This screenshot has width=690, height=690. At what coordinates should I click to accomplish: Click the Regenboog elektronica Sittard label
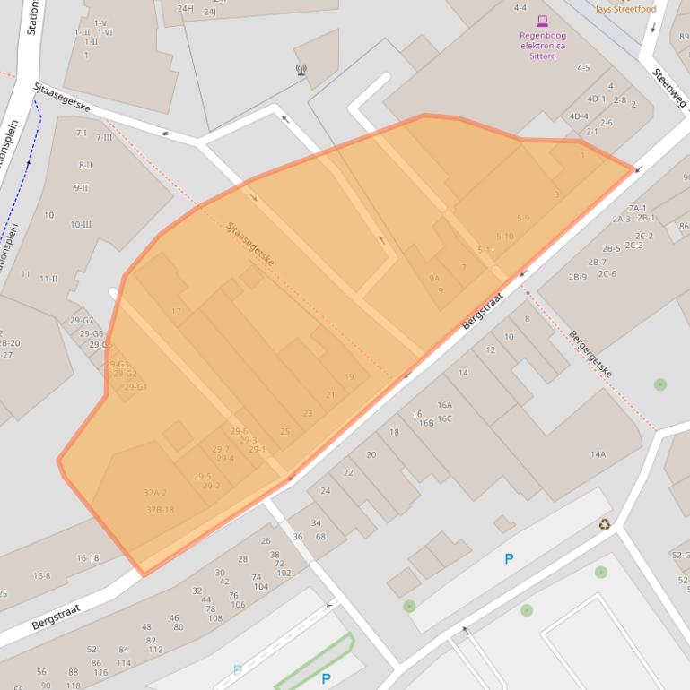tap(543, 46)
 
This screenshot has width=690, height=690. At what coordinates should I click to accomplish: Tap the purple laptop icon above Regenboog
tap(542, 21)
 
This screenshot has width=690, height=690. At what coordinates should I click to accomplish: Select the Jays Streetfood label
tap(625, 9)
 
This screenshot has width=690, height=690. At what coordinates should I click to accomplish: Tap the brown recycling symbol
tap(605, 524)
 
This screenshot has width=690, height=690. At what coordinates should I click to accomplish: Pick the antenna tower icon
tap(301, 69)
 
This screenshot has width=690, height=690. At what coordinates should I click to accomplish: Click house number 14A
tap(598, 454)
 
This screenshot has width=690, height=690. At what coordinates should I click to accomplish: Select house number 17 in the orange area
tap(176, 311)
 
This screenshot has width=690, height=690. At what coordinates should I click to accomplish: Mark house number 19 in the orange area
tap(349, 376)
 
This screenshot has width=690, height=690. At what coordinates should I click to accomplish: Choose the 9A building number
tap(434, 278)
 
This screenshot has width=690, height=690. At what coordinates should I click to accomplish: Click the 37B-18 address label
tap(160, 510)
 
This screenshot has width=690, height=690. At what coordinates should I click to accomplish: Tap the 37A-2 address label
tap(155, 493)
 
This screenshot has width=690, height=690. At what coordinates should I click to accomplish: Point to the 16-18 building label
tap(87, 558)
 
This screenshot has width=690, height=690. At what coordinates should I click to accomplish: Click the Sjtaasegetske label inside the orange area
tap(250, 244)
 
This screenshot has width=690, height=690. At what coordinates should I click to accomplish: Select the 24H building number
tap(185, 9)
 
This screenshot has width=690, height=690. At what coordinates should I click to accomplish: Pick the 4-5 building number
tap(583, 68)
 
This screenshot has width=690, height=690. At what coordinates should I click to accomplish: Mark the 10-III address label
tap(81, 224)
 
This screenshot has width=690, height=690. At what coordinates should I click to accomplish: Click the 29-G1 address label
tap(135, 387)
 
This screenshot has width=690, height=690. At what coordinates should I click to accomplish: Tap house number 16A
tap(444, 405)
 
